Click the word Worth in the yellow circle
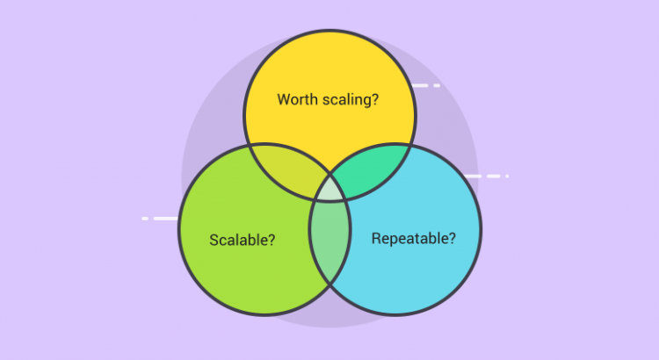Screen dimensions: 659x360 click(x=298, y=99)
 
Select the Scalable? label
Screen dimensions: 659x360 click(x=243, y=240)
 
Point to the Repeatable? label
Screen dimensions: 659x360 click(x=414, y=238)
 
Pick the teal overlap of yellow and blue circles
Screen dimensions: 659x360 click(x=371, y=169)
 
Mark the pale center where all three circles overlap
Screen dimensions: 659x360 click(x=329, y=189)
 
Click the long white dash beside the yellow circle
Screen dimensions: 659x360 click(x=419, y=86)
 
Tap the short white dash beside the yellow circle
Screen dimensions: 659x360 click(x=437, y=86)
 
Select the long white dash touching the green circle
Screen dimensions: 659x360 click(x=165, y=219)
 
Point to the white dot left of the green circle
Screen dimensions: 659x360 click(x=145, y=219)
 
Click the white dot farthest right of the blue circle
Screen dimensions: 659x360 click(x=507, y=176)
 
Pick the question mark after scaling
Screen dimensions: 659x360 click(x=375, y=99)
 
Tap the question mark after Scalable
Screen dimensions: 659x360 click(x=272, y=240)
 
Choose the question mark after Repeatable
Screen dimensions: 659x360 click(x=453, y=238)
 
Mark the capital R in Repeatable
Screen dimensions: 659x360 click(x=376, y=238)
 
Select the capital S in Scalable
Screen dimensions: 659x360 click(x=214, y=240)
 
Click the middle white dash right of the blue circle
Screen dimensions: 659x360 click(x=494, y=176)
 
